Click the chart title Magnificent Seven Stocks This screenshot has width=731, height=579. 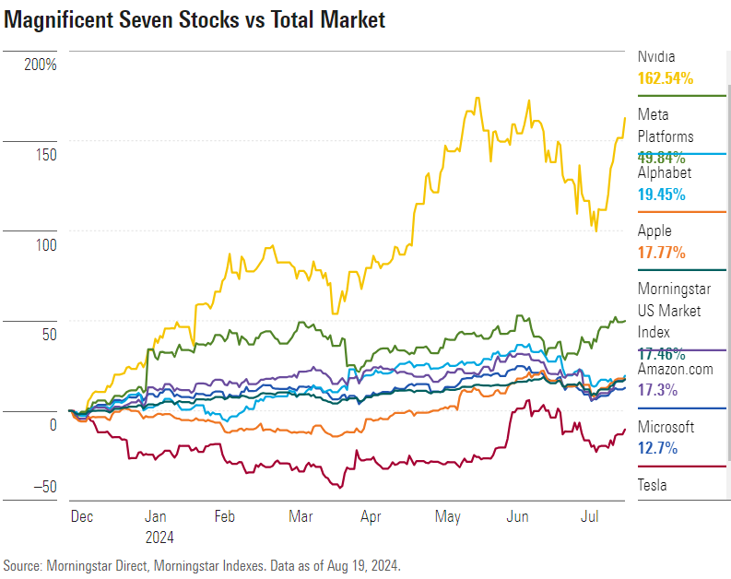[x=195, y=20]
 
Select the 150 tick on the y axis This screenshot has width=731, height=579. [x=45, y=155]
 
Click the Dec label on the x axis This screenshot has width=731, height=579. [x=81, y=517]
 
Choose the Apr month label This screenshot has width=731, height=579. [x=371, y=517]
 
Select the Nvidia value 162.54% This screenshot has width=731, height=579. [x=665, y=78]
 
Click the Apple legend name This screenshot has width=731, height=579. [x=654, y=230]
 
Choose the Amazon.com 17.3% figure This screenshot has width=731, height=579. [x=658, y=390]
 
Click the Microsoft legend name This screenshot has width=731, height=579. [x=666, y=427]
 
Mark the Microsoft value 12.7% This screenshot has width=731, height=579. [x=658, y=448]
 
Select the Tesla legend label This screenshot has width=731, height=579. [x=652, y=485]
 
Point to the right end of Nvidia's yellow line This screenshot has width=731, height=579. [x=626, y=118]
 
